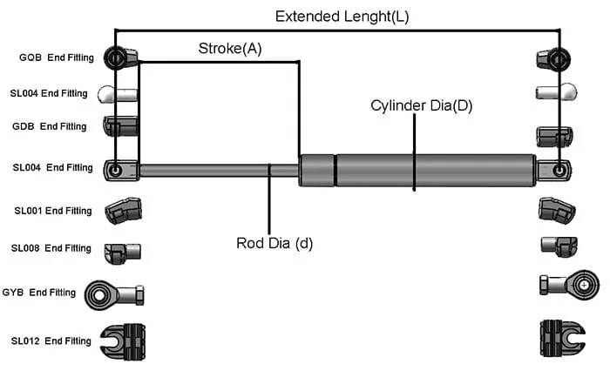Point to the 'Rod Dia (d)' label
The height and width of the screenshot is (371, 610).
click(x=274, y=243)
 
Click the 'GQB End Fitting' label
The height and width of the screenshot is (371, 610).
click(x=54, y=58)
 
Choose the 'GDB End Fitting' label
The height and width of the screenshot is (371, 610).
click(x=50, y=126)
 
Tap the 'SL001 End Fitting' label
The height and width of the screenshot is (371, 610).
click(x=52, y=211)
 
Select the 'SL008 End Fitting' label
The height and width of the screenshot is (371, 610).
click(x=51, y=248)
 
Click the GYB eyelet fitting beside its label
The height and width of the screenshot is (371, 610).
click(x=114, y=294)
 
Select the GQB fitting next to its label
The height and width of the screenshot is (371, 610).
click(x=120, y=58)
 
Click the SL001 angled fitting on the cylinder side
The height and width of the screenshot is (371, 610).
click(x=556, y=210)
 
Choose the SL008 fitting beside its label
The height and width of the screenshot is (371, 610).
click(x=121, y=252)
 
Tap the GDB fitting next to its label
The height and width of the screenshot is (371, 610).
click(x=121, y=127)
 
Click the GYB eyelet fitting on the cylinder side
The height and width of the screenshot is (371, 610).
click(x=571, y=283)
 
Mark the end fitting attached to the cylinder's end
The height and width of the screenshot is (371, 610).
click(x=554, y=170)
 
